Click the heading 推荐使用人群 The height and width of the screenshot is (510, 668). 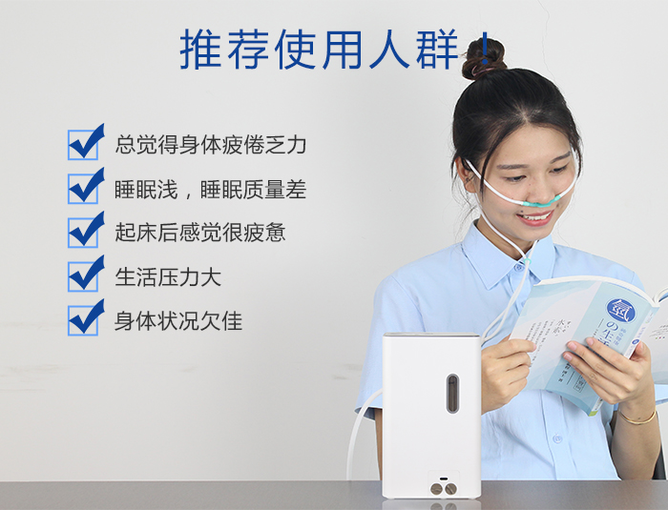319,50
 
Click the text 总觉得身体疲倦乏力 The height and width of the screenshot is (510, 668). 211,145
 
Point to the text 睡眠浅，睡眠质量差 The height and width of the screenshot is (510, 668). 211,190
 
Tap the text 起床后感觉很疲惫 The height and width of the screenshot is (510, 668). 199,233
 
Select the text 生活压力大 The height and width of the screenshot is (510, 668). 168,276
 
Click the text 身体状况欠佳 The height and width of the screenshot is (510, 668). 178,320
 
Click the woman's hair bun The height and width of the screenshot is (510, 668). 485,59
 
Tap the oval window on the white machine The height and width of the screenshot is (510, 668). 452,394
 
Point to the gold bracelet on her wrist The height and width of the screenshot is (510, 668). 637,418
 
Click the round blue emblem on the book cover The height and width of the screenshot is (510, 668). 621,311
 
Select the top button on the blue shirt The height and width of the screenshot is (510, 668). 518,268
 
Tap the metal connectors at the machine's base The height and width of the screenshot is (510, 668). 444,489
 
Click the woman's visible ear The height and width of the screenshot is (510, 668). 465,174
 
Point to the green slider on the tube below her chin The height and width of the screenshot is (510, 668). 528,259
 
